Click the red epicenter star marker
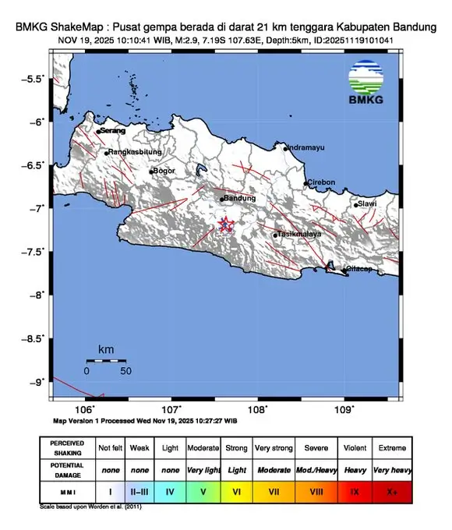click(x=226, y=225)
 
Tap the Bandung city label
click(x=239, y=198)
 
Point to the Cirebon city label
click(x=321, y=182)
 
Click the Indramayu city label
click(x=305, y=147)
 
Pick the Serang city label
click(x=112, y=132)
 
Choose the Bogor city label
click(x=164, y=171)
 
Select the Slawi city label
click(x=367, y=204)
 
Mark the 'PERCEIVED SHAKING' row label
click(x=68, y=448)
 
